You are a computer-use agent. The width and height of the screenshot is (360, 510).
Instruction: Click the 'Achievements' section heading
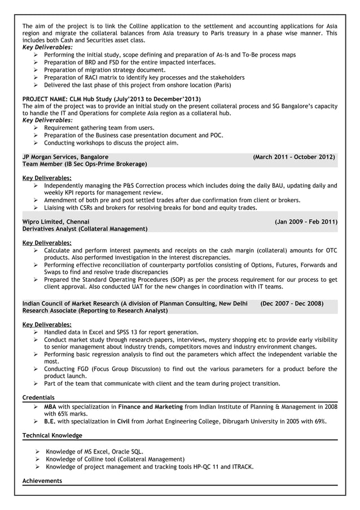click(42, 481)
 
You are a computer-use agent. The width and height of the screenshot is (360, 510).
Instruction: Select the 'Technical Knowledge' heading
click(52, 435)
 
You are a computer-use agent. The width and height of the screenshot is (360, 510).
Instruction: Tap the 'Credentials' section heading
click(38, 398)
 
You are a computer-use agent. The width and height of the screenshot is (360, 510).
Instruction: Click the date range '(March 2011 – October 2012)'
click(293, 156)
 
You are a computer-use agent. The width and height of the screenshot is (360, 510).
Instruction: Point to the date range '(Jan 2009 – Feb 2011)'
click(306, 222)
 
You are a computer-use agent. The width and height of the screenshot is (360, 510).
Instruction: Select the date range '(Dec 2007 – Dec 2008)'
click(292, 303)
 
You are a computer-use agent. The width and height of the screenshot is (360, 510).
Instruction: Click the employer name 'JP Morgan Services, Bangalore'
click(65, 156)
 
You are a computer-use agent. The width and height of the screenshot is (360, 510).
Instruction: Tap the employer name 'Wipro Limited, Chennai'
click(55, 222)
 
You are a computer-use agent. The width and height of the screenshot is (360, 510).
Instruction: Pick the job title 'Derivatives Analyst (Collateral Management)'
click(85, 229)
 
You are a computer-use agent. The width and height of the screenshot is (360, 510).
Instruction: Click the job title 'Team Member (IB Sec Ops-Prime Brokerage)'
click(84, 164)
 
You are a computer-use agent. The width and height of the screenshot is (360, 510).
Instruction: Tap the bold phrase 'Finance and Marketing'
click(151, 407)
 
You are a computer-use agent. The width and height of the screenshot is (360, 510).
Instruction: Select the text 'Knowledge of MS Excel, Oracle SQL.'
click(94, 452)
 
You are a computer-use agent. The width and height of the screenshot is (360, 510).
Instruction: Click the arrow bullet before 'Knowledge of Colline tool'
click(37, 459)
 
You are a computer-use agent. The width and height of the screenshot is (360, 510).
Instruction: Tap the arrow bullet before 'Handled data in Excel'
click(36, 333)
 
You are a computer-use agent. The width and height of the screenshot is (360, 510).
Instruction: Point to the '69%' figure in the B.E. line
click(320, 421)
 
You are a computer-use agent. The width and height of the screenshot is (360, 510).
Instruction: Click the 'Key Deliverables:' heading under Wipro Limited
click(47, 242)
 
